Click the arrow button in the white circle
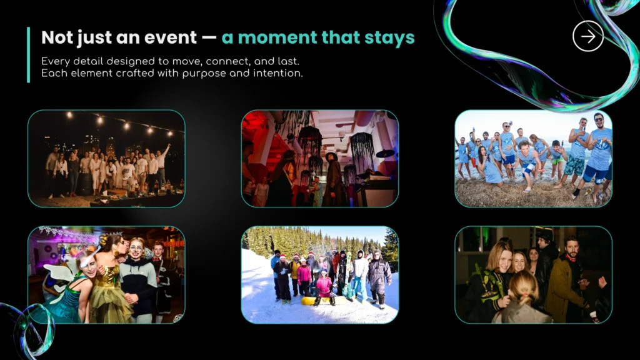587,36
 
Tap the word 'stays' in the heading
389,38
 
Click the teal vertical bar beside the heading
29,55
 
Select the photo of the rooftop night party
106,158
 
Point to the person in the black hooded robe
334,179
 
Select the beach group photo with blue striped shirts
534,158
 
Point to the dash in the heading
209,38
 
